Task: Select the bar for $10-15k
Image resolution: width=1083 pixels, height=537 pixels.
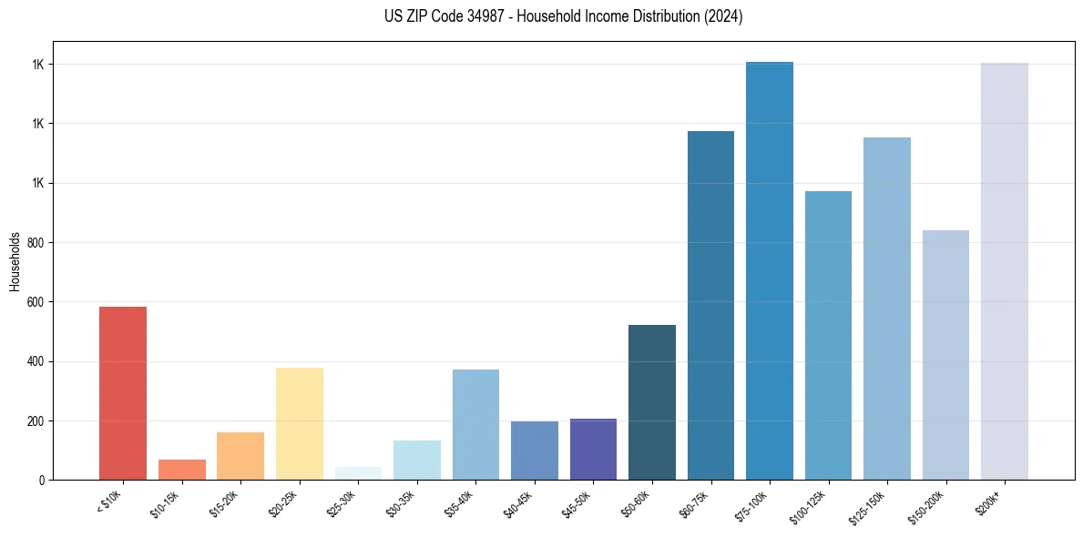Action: tap(182, 470)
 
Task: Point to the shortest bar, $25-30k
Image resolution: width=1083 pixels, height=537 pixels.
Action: tap(358, 473)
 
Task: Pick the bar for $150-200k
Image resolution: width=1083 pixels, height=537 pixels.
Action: tap(945, 355)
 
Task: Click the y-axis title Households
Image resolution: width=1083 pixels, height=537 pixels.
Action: tap(15, 260)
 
